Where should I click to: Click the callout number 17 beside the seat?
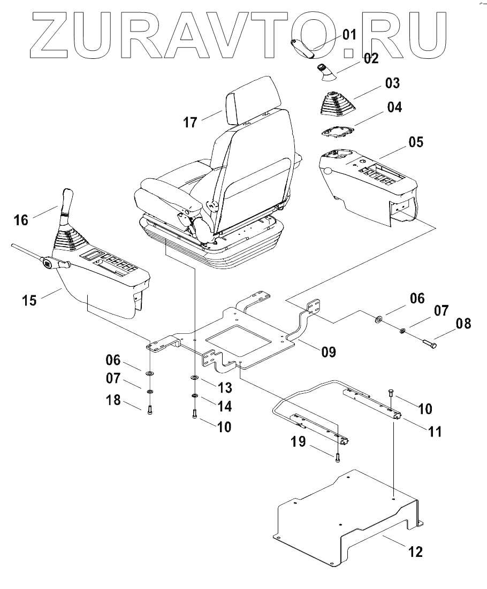pyautogui.click(x=190, y=123)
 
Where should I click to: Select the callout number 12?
pyautogui.click(x=415, y=551)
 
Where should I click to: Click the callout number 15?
pyautogui.click(x=30, y=300)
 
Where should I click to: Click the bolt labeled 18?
pyautogui.click(x=150, y=409)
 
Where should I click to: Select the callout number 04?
pyautogui.click(x=394, y=108)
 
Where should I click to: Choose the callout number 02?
pyautogui.click(x=371, y=58)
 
